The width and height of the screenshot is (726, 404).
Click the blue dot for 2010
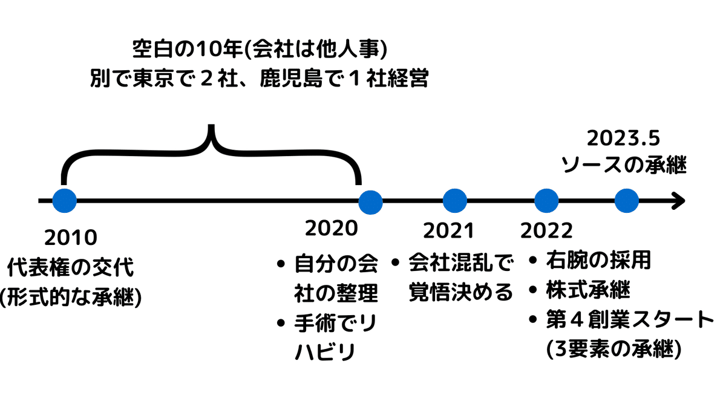pos(64,201)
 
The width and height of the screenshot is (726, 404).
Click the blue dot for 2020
pos(370,201)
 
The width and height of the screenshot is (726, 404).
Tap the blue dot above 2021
pos(455,201)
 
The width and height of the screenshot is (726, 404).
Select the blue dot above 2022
pos(546,201)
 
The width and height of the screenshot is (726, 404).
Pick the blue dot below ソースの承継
pos(627,201)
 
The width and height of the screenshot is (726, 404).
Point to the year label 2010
pos(70,238)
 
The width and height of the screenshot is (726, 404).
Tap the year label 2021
pos(448,230)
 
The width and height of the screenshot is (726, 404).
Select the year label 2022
pos(546,230)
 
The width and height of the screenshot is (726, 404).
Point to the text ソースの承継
pos(624,165)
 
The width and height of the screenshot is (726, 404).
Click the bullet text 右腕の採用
pos(598,261)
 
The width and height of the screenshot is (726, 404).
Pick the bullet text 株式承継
pos(587,290)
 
